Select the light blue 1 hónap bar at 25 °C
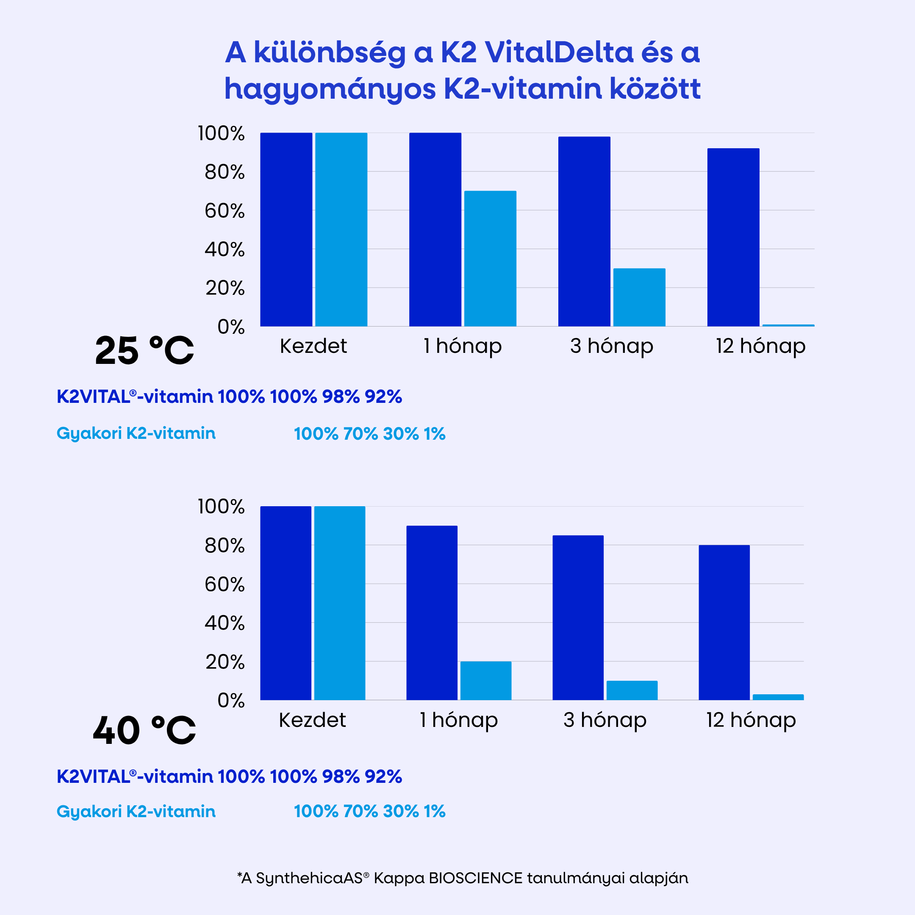tap(490, 258)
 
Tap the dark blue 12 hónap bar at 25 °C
tap(733, 237)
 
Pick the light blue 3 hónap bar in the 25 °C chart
tap(639, 297)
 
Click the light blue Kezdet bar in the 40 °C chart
tap(340, 603)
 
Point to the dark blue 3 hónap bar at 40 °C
tap(578, 618)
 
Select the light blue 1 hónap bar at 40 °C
tap(485, 681)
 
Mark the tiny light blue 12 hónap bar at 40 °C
tap(778, 697)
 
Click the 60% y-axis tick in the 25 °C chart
tap(225, 211)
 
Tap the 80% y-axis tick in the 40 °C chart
tap(225, 546)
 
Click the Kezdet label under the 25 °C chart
tap(313, 346)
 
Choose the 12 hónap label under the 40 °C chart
tap(751, 720)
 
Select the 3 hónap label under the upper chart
tap(611, 346)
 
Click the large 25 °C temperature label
tap(144, 351)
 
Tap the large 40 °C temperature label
tap(144, 731)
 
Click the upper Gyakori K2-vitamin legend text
tap(136, 433)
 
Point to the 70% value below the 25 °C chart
tap(360, 434)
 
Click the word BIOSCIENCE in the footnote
tap(475, 878)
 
